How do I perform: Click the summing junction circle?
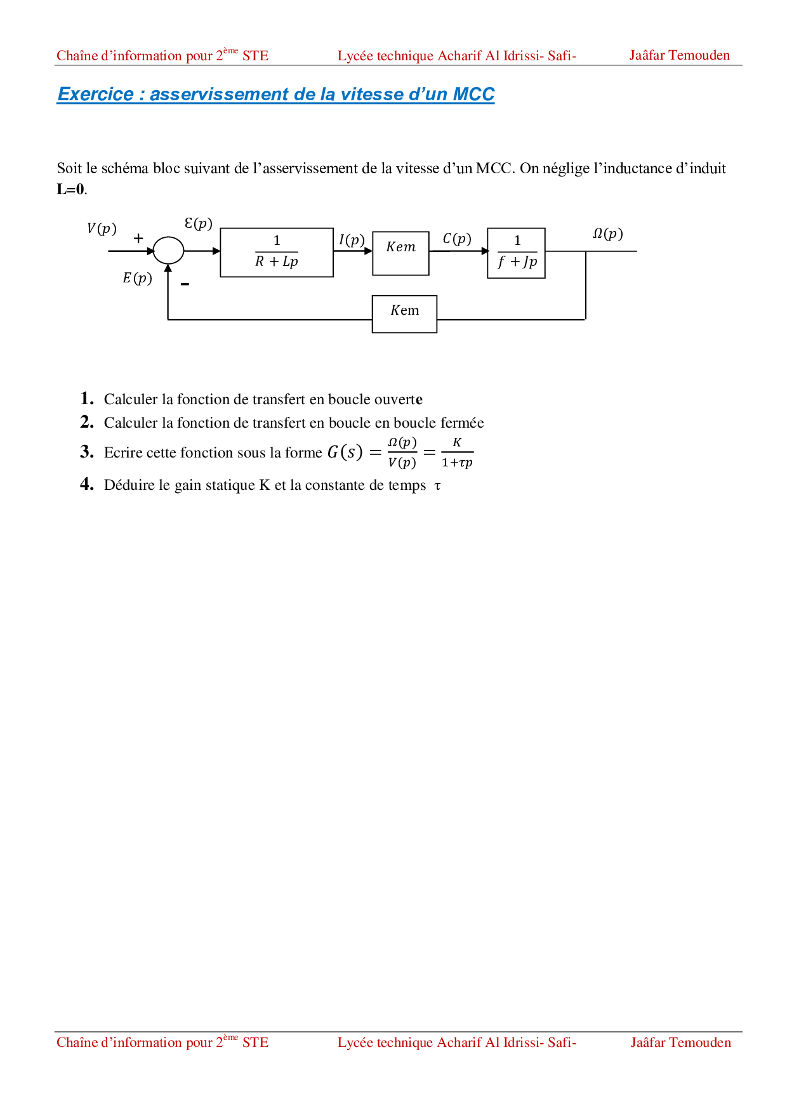tap(168, 251)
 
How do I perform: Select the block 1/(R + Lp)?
tap(277, 252)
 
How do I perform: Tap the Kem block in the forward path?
tap(400, 253)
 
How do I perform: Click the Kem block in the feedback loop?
tap(404, 313)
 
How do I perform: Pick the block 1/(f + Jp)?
tap(516, 253)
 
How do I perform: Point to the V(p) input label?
tap(102, 228)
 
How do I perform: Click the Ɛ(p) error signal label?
tap(198, 223)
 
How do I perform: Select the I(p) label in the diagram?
tap(352, 240)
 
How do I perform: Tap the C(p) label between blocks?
tap(457, 239)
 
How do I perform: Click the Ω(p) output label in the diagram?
tap(607, 234)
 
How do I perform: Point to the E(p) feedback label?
tap(137, 278)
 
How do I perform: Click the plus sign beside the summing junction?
tap(138, 239)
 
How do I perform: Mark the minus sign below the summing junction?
tap(185, 284)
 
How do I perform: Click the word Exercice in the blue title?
tap(96, 94)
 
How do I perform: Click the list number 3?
tap(86, 452)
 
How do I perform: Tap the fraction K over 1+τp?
tap(457, 452)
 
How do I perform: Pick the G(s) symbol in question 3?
tap(345, 452)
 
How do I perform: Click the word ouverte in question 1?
tap(398, 399)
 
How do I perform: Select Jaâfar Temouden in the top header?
tap(679, 55)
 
